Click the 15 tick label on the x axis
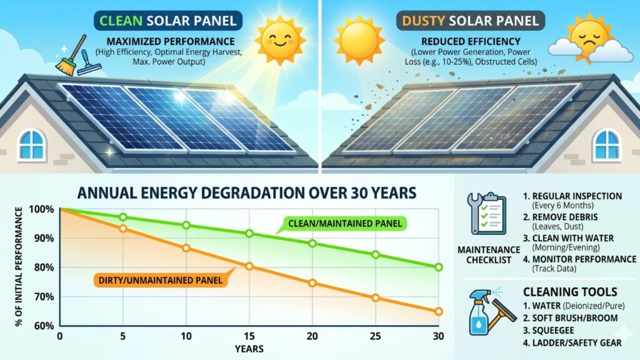249,337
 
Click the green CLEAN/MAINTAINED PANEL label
344,223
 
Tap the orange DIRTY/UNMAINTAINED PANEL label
159,280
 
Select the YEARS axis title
248,348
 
